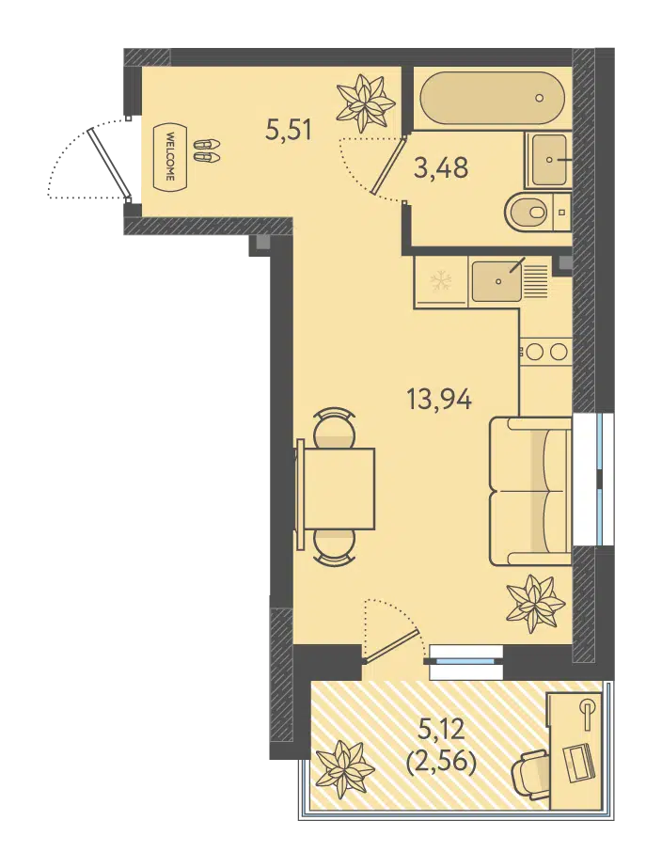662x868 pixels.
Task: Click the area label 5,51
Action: pos(289,131)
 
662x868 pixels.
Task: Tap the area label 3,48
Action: pos(441,167)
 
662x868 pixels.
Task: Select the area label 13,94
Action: pos(439,399)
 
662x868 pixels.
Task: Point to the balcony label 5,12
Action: pos(441,731)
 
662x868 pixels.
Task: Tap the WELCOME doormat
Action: pos(169,157)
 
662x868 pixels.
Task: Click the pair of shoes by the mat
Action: pos(207,150)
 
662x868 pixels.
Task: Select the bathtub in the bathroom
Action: pos(492,99)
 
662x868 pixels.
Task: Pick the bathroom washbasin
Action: pos(547,160)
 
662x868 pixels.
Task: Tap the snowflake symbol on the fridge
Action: pos(441,280)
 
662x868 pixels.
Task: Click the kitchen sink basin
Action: pos(496,281)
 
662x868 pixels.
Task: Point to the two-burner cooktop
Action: pos(544,352)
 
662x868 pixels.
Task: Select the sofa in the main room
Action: pos(530,491)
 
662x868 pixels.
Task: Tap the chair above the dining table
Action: pos(334,427)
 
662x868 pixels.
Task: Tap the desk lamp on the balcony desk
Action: pos(588,711)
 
